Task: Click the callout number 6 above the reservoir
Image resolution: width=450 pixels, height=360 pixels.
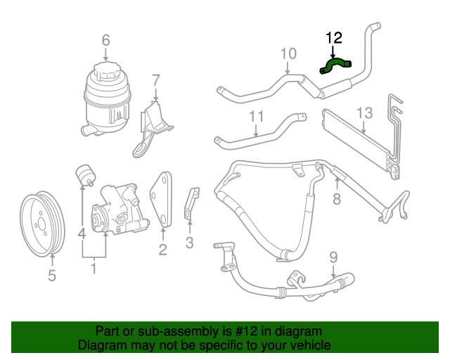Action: (105, 40)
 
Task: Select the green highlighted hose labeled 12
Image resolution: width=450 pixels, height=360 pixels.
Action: (335, 66)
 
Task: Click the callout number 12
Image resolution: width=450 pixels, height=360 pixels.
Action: (333, 37)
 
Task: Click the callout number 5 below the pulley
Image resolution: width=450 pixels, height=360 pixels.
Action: (51, 276)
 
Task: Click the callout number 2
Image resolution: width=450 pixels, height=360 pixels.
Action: (162, 249)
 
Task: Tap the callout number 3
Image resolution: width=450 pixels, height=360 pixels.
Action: (189, 243)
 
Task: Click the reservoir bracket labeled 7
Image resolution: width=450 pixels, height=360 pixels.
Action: (153, 127)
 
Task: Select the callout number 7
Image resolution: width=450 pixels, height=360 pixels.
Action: (156, 79)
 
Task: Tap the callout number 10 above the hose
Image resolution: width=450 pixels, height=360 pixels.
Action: (288, 53)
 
